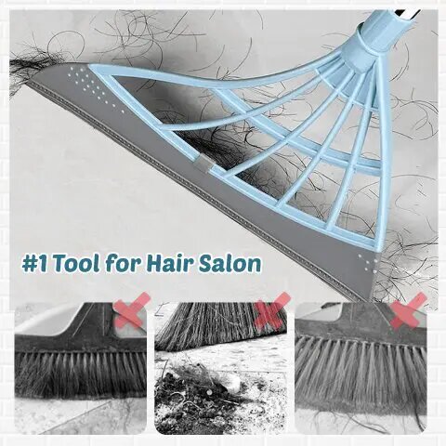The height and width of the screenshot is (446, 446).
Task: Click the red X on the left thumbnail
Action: point(132,310)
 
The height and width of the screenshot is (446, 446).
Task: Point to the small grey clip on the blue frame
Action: point(203,164)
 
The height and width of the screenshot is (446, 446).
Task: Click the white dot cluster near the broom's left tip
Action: point(93,85)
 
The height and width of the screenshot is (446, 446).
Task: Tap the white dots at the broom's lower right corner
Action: point(368,263)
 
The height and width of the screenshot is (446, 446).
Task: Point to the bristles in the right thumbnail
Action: point(361,372)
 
